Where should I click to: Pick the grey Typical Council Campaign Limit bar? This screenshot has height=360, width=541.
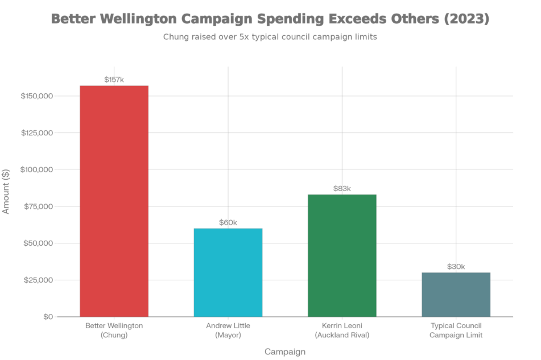pyautogui.click(x=456, y=294)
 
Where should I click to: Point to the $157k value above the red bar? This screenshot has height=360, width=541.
pyautogui.click(x=114, y=80)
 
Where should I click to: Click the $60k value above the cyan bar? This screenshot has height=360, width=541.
pyautogui.click(x=228, y=223)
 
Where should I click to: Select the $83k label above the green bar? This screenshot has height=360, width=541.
pyautogui.click(x=342, y=188)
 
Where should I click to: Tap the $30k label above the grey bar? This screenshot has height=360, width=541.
pyautogui.click(x=456, y=266)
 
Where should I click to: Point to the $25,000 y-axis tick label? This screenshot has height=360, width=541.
pyautogui.click(x=38, y=280)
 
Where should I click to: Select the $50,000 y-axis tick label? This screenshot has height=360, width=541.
pyautogui.click(x=38, y=243)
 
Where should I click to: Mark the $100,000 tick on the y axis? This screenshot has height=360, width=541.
pyautogui.click(x=37, y=170)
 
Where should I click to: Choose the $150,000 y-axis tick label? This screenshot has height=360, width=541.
pyautogui.click(x=37, y=96)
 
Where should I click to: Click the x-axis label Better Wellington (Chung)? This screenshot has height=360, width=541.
pyautogui.click(x=114, y=330)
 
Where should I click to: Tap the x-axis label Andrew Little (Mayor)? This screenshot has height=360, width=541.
pyautogui.click(x=228, y=330)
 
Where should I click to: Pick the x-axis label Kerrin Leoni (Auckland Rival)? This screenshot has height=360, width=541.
pyautogui.click(x=342, y=330)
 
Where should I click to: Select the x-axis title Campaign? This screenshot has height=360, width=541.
pyautogui.click(x=285, y=351)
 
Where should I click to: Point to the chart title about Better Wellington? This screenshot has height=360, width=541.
pyautogui.click(x=270, y=19)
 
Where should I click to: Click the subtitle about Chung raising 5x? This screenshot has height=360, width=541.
pyautogui.click(x=270, y=38)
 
